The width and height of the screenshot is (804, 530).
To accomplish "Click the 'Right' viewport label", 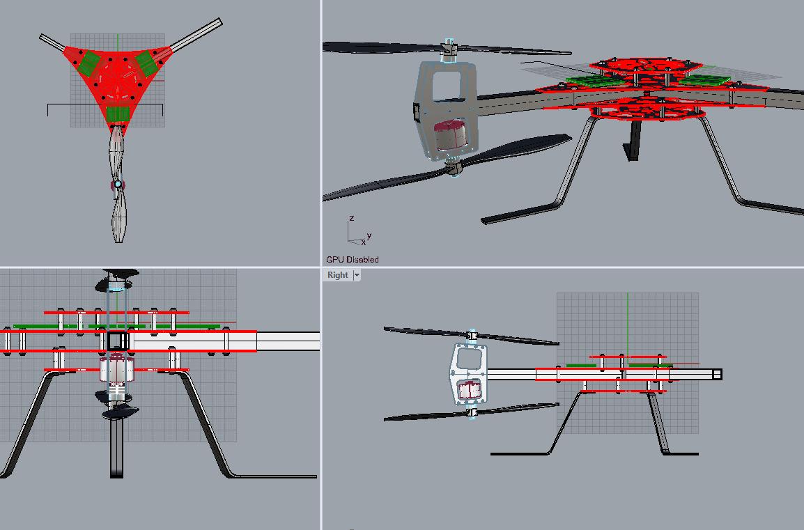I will pyautogui.click(x=337, y=275).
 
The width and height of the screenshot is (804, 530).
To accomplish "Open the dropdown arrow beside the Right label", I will pyautogui.click(x=357, y=275).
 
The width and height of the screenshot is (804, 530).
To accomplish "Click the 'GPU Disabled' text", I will pyautogui.click(x=353, y=260).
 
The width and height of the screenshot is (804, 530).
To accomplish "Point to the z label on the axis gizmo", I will pyautogui.click(x=352, y=218).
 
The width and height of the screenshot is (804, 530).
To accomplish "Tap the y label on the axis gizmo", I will pyautogui.click(x=369, y=235).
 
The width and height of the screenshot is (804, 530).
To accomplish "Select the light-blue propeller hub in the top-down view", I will pyautogui.click(x=118, y=184).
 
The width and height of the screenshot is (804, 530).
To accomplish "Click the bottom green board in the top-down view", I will pyautogui.click(x=118, y=114).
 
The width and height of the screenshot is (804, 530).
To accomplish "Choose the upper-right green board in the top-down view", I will pyautogui.click(x=148, y=63).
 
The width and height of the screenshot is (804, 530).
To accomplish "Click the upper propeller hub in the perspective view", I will pyautogui.click(x=449, y=49).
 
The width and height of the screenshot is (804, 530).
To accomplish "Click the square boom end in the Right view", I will pyautogui.click(x=717, y=375).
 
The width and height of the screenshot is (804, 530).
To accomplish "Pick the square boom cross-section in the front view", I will pyautogui.click(x=118, y=341).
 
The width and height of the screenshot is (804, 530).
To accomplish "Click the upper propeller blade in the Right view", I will pyautogui.click(x=425, y=332).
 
